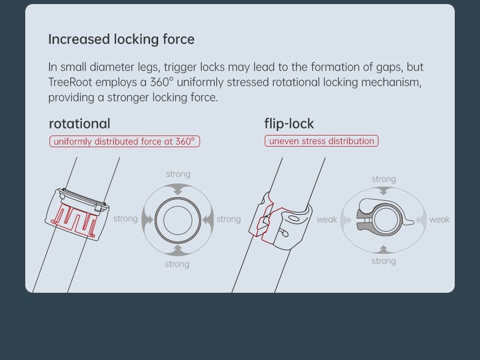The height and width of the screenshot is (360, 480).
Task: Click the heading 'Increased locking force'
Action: (x=121, y=39)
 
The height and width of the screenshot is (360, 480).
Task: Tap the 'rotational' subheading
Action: (x=80, y=124)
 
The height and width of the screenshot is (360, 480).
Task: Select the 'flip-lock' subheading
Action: (x=289, y=124)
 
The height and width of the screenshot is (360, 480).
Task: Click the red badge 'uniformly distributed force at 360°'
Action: (x=125, y=142)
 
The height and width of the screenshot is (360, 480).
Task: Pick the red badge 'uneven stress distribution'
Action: (x=321, y=141)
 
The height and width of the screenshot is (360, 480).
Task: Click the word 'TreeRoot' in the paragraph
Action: (x=70, y=82)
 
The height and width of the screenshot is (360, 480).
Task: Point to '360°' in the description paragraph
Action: (x=162, y=82)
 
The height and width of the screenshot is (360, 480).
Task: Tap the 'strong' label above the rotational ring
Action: (x=178, y=174)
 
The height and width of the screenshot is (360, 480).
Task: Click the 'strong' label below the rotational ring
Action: (x=177, y=264)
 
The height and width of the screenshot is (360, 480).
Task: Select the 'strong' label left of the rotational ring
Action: (x=125, y=218)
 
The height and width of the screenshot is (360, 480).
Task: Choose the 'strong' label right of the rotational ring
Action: (x=229, y=219)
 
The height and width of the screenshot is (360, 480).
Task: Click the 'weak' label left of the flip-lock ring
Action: (x=326, y=219)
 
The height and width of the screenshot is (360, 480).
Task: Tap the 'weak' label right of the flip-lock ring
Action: (x=440, y=219)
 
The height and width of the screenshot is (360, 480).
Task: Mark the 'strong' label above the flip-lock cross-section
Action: (x=384, y=179)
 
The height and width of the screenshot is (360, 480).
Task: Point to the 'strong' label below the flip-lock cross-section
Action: (x=384, y=261)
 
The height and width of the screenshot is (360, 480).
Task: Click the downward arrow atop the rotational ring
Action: (x=178, y=189)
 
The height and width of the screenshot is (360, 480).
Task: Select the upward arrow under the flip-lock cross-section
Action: (x=383, y=250)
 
